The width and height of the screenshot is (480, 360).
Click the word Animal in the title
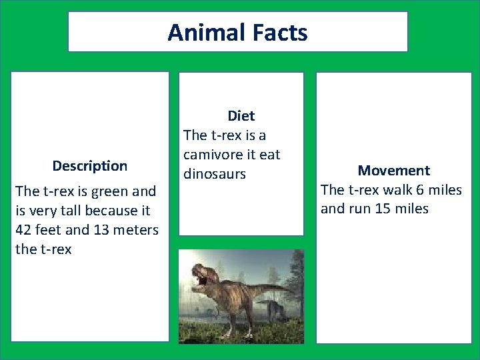tap(203, 32)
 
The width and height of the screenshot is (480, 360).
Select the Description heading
tap(89, 165)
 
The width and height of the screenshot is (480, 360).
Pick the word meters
tap(136, 230)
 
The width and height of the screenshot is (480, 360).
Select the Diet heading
tap(241, 116)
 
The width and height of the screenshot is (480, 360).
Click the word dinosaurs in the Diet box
tap(215, 174)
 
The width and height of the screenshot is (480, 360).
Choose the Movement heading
tap(393, 171)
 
